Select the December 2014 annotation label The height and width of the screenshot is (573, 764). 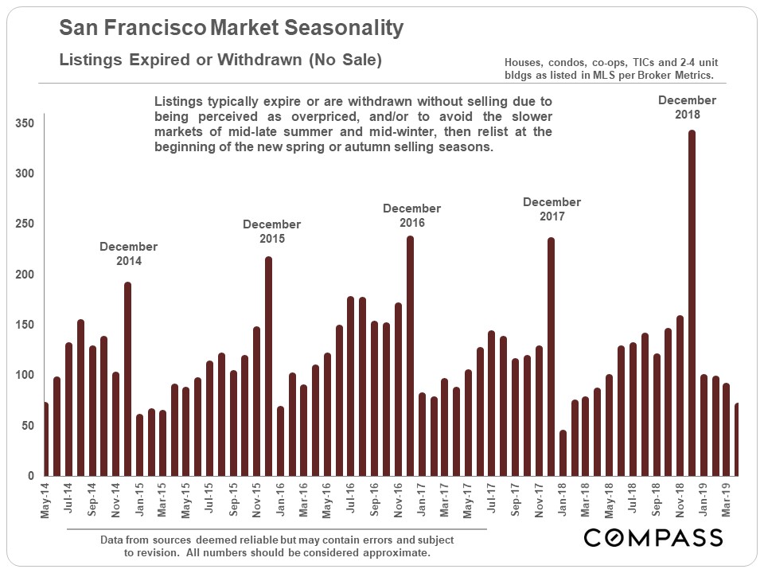(x=129, y=253)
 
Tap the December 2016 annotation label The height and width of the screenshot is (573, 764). (x=411, y=215)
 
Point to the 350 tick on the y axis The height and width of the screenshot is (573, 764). (x=26, y=123)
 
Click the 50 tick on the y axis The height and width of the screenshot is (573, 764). (x=29, y=426)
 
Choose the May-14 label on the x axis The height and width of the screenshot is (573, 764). (x=45, y=500)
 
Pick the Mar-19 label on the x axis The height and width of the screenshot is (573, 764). (x=727, y=500)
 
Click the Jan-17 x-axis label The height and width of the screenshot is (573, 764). (x=420, y=500)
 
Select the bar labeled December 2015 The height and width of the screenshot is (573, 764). (x=269, y=366)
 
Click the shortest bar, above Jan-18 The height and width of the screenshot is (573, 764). (x=563, y=453)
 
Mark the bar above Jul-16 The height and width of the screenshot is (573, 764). (x=351, y=386)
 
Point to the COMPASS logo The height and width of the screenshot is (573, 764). (x=653, y=537)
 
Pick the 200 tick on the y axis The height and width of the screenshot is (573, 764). (x=26, y=275)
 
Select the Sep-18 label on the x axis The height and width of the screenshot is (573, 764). (x=656, y=500)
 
